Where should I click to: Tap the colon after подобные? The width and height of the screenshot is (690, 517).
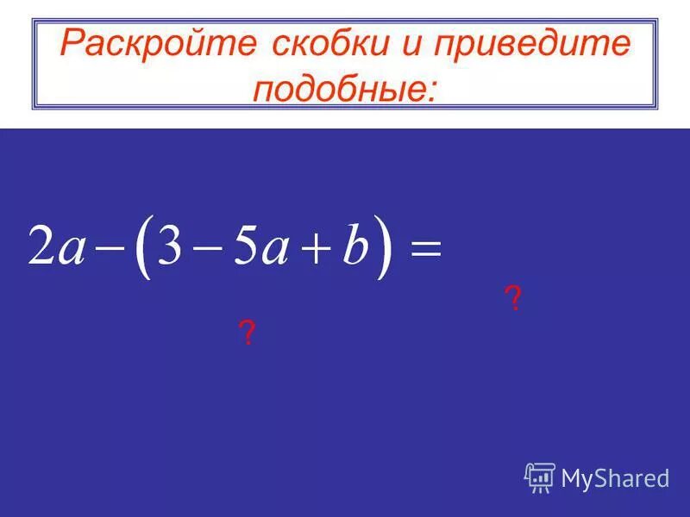tap(430, 90)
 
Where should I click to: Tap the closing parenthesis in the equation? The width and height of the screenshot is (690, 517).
tap(383, 248)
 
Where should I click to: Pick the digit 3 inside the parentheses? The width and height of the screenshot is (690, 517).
tap(172, 247)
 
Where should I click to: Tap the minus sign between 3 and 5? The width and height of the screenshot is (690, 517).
tap(208, 250)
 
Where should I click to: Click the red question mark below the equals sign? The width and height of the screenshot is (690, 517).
tap(513, 300)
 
